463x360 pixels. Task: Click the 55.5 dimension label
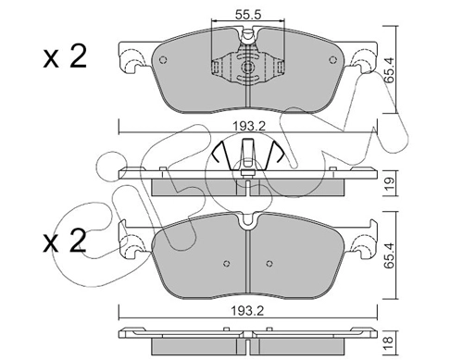pos(248,15)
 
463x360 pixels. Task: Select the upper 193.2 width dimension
pos(249,126)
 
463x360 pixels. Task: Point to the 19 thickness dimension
pos(390,183)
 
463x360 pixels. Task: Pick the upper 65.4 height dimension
pos(390,70)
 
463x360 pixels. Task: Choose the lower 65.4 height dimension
pos(390,255)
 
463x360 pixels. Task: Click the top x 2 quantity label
pos(64,57)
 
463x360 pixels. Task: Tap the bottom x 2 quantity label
pos(64,242)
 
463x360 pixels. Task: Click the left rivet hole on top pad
pos(163,60)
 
